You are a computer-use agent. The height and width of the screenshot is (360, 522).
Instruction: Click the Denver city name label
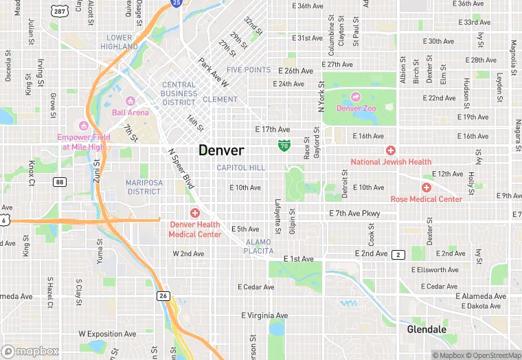click(x=221, y=150)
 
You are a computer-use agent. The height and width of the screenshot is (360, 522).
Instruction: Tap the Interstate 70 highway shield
click(x=284, y=145)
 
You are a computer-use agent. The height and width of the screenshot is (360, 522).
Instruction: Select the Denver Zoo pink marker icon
click(x=355, y=97)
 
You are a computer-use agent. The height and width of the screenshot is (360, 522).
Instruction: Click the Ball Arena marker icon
click(x=130, y=101)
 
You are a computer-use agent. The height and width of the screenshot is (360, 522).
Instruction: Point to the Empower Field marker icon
click(x=84, y=125)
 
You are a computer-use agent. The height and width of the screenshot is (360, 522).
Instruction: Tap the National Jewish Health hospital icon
click(x=391, y=150)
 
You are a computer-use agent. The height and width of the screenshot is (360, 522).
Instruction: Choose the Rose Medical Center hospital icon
click(x=426, y=188)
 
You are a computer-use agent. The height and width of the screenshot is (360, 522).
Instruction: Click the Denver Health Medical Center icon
click(x=195, y=213)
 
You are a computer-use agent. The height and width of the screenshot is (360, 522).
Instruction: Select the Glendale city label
click(x=427, y=330)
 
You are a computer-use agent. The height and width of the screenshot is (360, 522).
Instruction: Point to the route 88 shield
click(x=60, y=181)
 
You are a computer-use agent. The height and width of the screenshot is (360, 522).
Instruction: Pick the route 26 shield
click(x=163, y=296)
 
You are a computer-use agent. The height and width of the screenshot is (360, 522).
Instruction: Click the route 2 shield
click(x=398, y=255)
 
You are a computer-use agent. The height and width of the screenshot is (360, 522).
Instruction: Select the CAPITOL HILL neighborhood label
click(x=240, y=168)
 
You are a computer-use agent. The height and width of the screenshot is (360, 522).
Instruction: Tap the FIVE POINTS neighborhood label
click(x=249, y=70)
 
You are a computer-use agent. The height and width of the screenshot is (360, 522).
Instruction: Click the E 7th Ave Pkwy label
click(x=354, y=214)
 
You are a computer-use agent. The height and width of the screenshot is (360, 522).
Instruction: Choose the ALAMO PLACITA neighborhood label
click(x=258, y=247)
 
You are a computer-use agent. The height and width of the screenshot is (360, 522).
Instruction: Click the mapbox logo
click(x=30, y=352)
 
